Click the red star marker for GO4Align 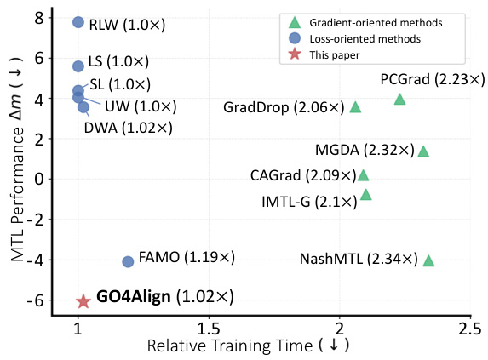(x=83, y=300)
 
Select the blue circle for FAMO (x=128, y=261)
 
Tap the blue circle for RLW (x=78, y=22)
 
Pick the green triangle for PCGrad (x=399, y=100)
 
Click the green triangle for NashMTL (x=428, y=260)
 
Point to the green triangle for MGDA (x=423, y=151)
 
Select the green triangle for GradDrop (x=355, y=107)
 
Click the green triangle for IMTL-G (x=366, y=195)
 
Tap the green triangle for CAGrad (x=364, y=175)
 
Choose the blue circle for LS (x=78, y=66)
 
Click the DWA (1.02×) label (x=128, y=127)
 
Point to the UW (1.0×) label (x=141, y=106)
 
